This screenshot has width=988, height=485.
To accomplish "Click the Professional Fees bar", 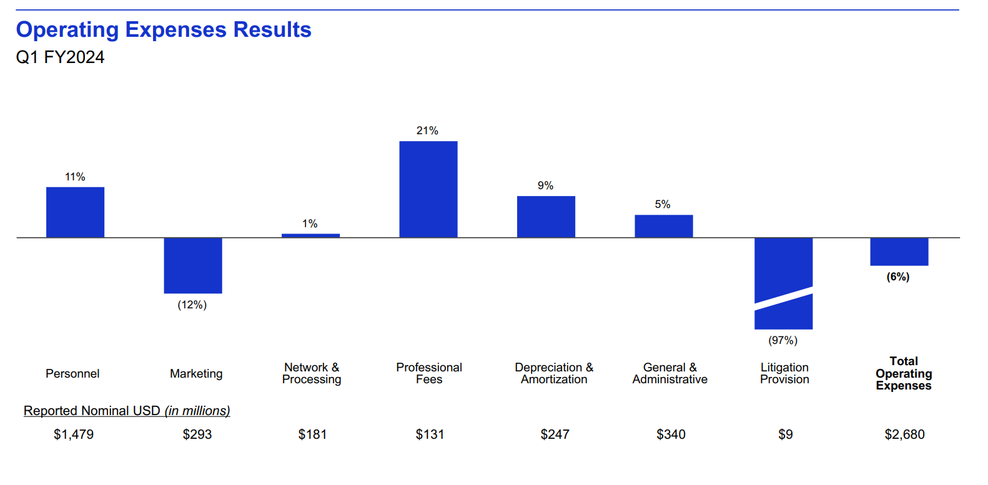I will pyautogui.click(x=428, y=189).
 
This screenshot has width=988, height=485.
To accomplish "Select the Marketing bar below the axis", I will pyautogui.click(x=193, y=265).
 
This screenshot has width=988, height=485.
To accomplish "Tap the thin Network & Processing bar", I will pyautogui.click(x=310, y=235).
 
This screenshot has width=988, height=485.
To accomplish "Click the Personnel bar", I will pyautogui.click(x=75, y=212).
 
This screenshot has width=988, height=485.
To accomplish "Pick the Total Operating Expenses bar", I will pyautogui.click(x=899, y=252).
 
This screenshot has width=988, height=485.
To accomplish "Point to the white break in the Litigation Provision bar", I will pyautogui.click(x=784, y=298).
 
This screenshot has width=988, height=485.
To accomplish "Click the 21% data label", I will pyautogui.click(x=427, y=130).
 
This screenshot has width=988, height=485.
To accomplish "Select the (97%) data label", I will pyautogui.click(x=783, y=340).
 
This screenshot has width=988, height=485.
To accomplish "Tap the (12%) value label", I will pyautogui.click(x=192, y=305).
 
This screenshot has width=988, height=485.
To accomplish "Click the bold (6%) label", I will pyautogui.click(x=898, y=277).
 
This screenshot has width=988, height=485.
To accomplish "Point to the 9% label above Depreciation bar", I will pyautogui.click(x=545, y=185).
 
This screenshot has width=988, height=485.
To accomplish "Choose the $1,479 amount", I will pyautogui.click(x=74, y=434).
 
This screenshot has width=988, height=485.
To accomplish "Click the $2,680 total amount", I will pyautogui.click(x=904, y=434).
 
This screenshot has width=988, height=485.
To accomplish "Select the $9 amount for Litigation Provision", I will pyautogui.click(x=785, y=434).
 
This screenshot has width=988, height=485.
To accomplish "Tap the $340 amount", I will pyautogui.click(x=671, y=434).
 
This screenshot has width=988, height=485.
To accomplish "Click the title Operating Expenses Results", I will pyautogui.click(x=164, y=29).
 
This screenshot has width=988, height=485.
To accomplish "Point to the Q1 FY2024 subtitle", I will pyautogui.click(x=60, y=57).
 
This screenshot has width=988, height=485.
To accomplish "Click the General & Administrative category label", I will pyautogui.click(x=669, y=373).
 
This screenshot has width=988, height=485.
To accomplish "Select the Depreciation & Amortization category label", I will pyautogui.click(x=554, y=373).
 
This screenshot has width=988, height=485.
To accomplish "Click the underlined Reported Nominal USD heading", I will pyautogui.click(x=127, y=411).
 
